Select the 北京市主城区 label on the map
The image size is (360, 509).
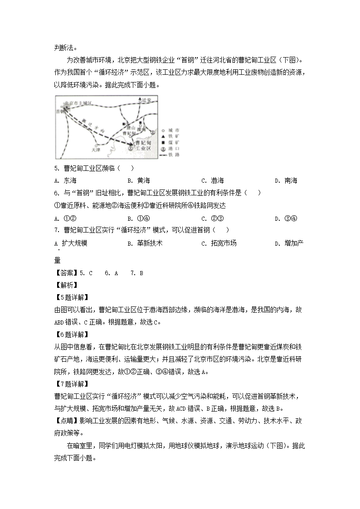point(78,104)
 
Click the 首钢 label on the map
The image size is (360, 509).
point(59,111)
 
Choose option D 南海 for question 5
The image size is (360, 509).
point(287,180)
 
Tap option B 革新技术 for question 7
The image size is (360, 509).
point(145,243)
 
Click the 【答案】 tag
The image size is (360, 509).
point(66,273)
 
